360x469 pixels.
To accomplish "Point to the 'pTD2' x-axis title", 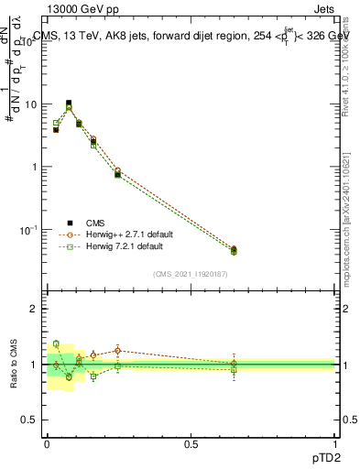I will (x=322, y=458).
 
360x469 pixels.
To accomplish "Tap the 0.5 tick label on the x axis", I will (x=191, y=442).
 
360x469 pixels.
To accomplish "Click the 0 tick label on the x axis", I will (x=47, y=442).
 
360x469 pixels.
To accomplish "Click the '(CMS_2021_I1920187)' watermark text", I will (x=191, y=274).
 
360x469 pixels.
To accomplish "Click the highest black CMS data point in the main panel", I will (x=69, y=104).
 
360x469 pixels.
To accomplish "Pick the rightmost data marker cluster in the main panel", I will (x=234, y=250).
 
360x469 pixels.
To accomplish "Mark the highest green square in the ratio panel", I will (x=56, y=344).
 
